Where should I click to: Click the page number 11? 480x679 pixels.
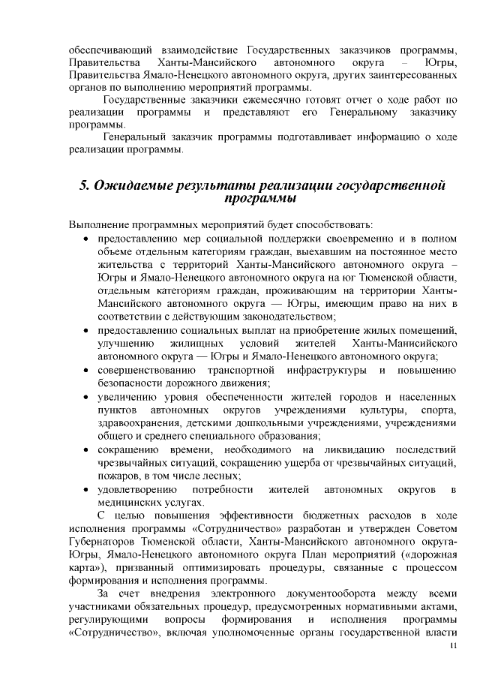click(x=451, y=646)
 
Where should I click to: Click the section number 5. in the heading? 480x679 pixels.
click(x=85, y=186)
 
